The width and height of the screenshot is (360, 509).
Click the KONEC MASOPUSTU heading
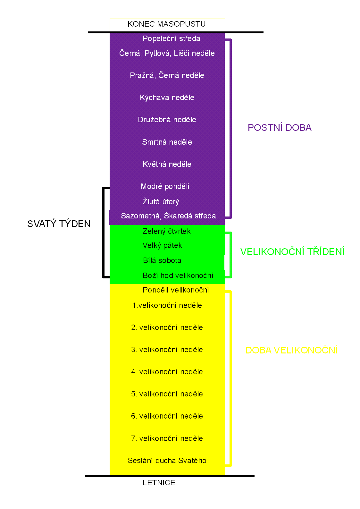pyautogui.click(x=166, y=24)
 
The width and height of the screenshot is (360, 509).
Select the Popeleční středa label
pyautogui.click(x=171, y=38)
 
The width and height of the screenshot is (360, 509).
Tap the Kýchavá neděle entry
pyautogui.click(x=167, y=98)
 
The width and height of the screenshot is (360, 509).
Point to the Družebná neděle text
pyautogui.click(x=167, y=120)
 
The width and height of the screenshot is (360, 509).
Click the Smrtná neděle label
pyautogui.click(x=167, y=142)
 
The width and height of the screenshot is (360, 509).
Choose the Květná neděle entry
pyautogui.click(x=167, y=164)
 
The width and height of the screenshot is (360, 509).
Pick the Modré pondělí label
pyautogui.click(x=165, y=186)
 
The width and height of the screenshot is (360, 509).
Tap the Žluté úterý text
pyautogui.click(x=161, y=201)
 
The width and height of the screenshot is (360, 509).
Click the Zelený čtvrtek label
pyautogui.click(x=166, y=231)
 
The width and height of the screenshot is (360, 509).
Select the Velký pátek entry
pyautogui.click(x=162, y=245)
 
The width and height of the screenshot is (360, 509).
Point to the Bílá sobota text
pyautogui.click(x=162, y=260)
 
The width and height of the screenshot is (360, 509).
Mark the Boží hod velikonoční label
pyautogui.click(x=178, y=276)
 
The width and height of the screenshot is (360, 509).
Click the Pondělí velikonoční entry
pyautogui.click(x=176, y=290)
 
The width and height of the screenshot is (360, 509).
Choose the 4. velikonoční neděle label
pyautogui.click(x=167, y=372)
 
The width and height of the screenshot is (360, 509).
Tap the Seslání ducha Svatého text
pyautogui.click(x=167, y=461)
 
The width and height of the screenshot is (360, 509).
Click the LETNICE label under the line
pyautogui.click(x=159, y=483)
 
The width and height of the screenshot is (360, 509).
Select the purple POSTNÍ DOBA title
pyautogui.click(x=280, y=127)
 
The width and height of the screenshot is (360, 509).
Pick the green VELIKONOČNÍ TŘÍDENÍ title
pyautogui.click(x=292, y=251)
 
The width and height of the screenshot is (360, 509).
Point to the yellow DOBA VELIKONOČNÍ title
pyautogui.click(x=291, y=350)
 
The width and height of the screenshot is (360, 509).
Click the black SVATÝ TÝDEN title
pyautogui.click(x=59, y=224)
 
